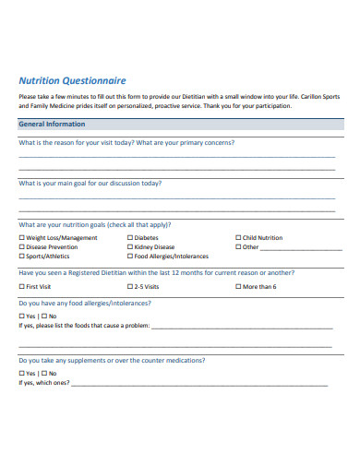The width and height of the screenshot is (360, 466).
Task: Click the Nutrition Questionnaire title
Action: pyautogui.click(x=73, y=80)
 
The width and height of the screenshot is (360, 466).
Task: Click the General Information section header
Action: pyautogui.click(x=52, y=124)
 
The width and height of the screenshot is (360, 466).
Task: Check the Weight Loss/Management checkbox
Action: pyautogui.click(x=22, y=238)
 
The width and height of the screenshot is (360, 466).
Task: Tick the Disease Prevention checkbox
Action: pyautogui.click(x=22, y=247)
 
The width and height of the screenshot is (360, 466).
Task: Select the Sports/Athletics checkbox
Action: pyautogui.click(x=22, y=257)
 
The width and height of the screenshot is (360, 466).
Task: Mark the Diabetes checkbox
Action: pyautogui.click(x=129, y=238)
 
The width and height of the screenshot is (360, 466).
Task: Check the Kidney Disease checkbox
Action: pyautogui.click(x=129, y=247)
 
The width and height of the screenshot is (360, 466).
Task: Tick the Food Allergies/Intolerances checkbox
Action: pyautogui.click(x=129, y=257)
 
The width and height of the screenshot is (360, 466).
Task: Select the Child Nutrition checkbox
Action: pyautogui.click(x=238, y=238)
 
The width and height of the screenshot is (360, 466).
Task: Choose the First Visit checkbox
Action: pyautogui.click(x=22, y=287)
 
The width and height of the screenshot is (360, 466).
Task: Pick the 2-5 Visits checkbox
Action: pyautogui.click(x=129, y=287)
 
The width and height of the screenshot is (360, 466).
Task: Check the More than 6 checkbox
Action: pyautogui.click(x=238, y=287)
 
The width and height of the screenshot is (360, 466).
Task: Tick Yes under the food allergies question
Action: pyautogui.click(x=22, y=317)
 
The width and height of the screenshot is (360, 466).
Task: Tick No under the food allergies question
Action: pyautogui.click(x=41, y=317)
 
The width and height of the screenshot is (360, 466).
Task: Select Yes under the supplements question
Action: pyautogui.click(x=22, y=374)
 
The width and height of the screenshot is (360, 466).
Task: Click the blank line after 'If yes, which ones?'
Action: pyautogui.click(x=198, y=384)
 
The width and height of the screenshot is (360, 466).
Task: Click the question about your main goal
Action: pyautogui.click(x=90, y=183)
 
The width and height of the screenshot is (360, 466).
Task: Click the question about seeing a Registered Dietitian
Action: pyautogui.click(x=157, y=273)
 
